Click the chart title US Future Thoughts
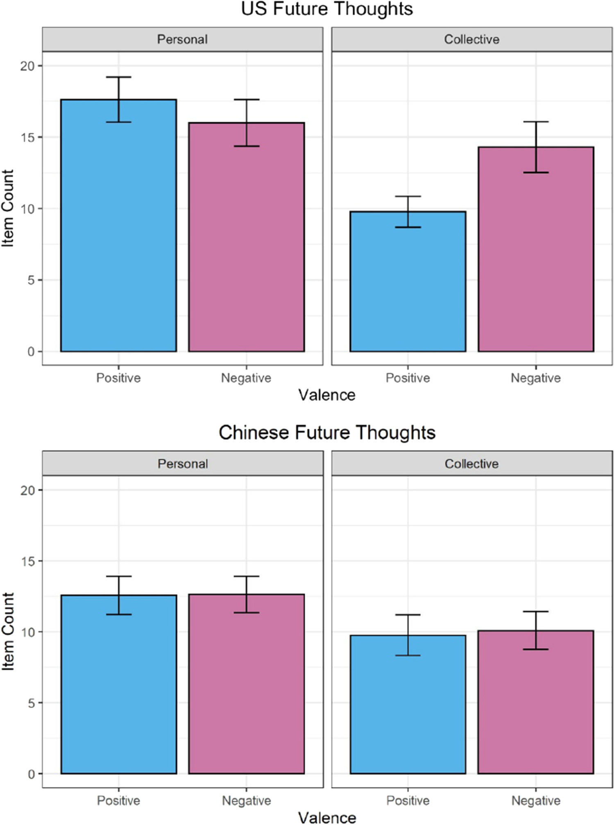click(x=327, y=9)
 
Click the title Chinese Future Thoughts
click(x=327, y=433)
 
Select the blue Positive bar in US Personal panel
click(x=118, y=225)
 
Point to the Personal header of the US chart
click(x=183, y=40)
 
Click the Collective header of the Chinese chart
click(x=472, y=464)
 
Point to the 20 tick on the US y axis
click(x=28, y=66)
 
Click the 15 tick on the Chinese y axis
click(x=28, y=561)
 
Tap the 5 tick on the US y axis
click(x=31, y=280)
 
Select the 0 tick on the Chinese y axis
click(x=31, y=774)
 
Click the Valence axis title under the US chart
click(x=327, y=395)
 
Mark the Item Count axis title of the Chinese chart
click(x=8, y=631)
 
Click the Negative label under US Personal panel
click(x=246, y=378)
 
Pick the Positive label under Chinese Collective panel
click(x=408, y=801)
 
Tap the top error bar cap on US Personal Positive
click(x=119, y=77)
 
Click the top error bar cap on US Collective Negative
click(x=536, y=122)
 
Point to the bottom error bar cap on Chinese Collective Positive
click(x=408, y=656)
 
